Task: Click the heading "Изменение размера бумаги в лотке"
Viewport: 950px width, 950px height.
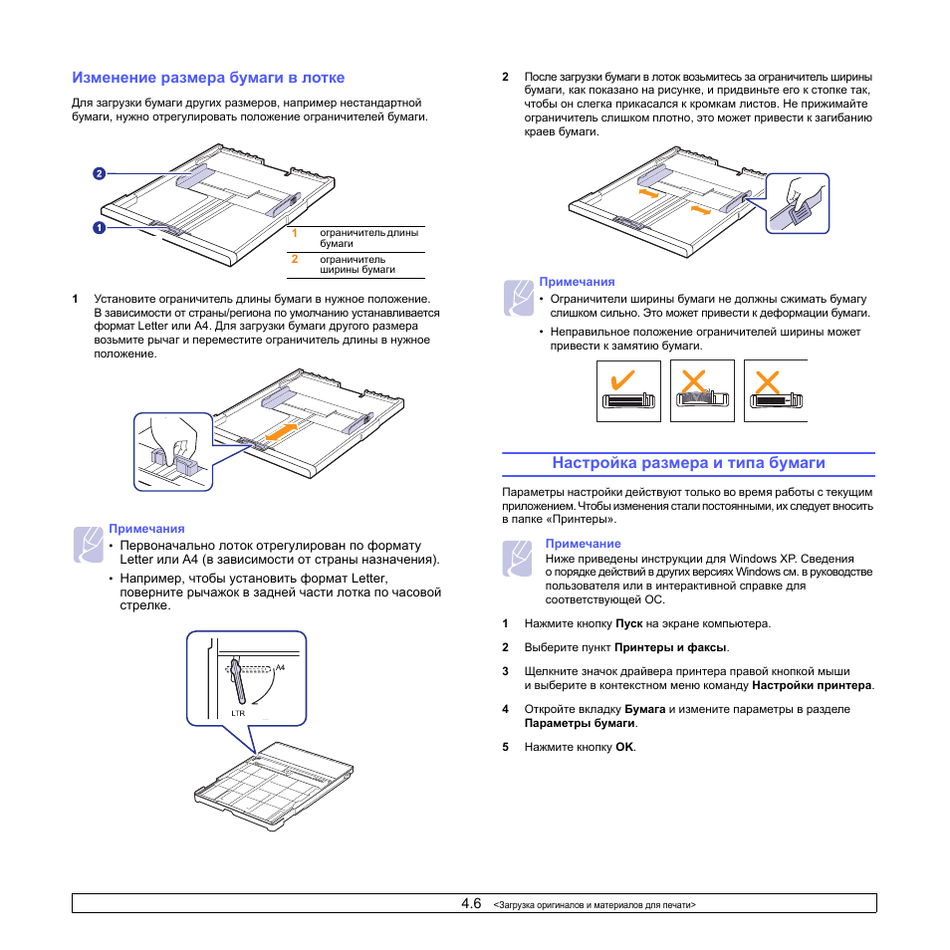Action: point(208,77)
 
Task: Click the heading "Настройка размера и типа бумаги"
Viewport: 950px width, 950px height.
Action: point(688,463)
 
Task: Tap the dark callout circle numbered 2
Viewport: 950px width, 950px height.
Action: point(100,173)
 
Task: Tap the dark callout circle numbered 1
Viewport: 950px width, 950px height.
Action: point(100,228)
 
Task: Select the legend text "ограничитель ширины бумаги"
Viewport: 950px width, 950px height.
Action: point(356,264)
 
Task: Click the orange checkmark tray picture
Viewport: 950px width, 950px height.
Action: point(628,390)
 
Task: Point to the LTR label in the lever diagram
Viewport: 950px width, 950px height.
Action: point(238,713)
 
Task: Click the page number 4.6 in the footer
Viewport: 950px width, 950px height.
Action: point(471,903)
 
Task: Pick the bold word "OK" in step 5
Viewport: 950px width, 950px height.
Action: point(624,747)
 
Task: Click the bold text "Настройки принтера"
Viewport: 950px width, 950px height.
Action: point(813,686)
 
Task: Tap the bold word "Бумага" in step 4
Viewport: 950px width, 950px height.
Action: point(645,709)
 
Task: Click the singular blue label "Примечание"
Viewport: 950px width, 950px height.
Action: point(583,544)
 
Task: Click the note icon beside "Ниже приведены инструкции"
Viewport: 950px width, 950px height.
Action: point(518,559)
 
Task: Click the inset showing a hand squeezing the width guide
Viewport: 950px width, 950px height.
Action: point(798,203)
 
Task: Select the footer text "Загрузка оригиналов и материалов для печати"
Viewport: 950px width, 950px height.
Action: point(594,905)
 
